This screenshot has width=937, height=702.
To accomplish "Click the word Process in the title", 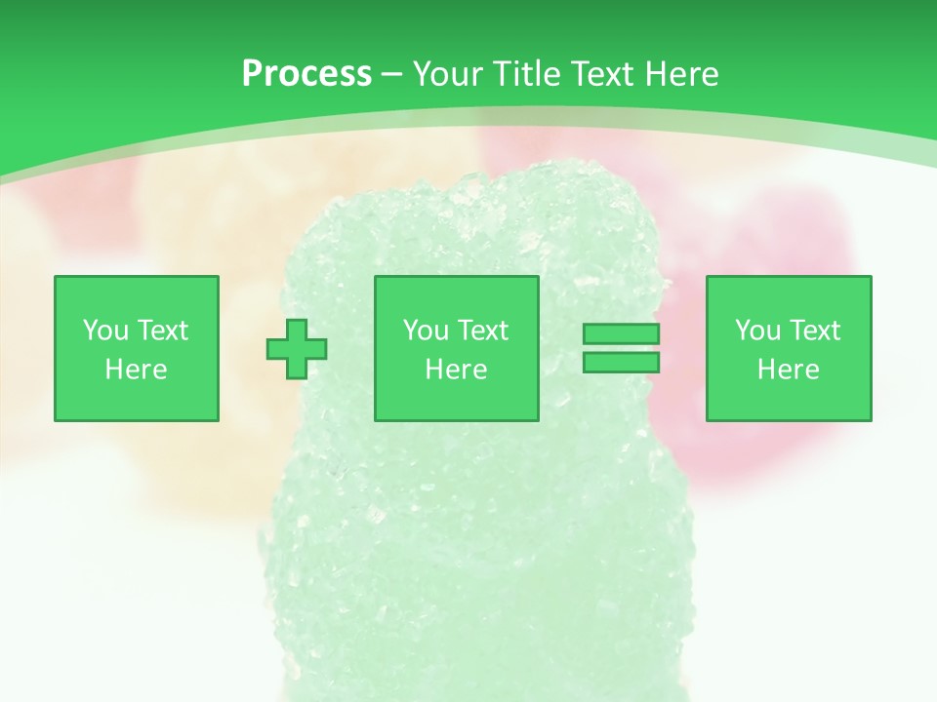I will point(306,73).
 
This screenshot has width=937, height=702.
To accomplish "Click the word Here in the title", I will point(682,73).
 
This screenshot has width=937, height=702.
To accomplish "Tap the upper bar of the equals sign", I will point(621,334).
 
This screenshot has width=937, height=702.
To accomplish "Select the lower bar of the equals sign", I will point(621,363).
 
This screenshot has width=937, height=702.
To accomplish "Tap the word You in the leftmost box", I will point(104,331).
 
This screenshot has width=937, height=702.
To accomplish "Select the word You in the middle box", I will point(426,331).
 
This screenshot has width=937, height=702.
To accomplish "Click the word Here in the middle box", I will point(457,370).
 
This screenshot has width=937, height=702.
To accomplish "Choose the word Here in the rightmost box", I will point(789,370).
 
